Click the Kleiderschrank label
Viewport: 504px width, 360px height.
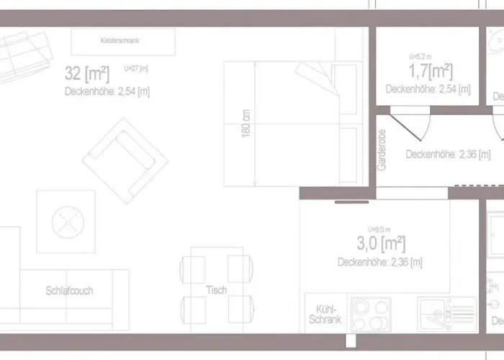pyautogui.click(x=120, y=41)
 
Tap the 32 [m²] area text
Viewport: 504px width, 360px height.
pyautogui.click(x=87, y=73)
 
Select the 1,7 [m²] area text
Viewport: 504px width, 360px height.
pyautogui.click(x=431, y=71)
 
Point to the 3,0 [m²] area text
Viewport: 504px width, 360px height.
pyautogui.click(x=381, y=243)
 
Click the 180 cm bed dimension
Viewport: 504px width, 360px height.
pyautogui.click(x=246, y=125)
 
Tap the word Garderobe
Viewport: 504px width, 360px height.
pyautogui.click(x=382, y=150)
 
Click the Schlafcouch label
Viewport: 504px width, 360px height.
pyautogui.click(x=69, y=291)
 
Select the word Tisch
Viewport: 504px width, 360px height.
pyautogui.click(x=216, y=290)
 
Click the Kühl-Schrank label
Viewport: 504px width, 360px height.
pyautogui.click(x=324, y=314)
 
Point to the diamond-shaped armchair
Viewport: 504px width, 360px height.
pyautogui.click(x=125, y=160)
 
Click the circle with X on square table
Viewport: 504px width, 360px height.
pyautogui.click(x=66, y=221)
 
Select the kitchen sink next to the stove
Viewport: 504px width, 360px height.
pyautogui.click(x=447, y=315)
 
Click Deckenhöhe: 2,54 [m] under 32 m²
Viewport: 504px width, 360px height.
pyautogui.click(x=107, y=91)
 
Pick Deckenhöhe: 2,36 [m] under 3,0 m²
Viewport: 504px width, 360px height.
pyautogui.click(x=379, y=262)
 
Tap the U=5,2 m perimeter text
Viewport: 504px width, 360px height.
pyautogui.click(x=420, y=56)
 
